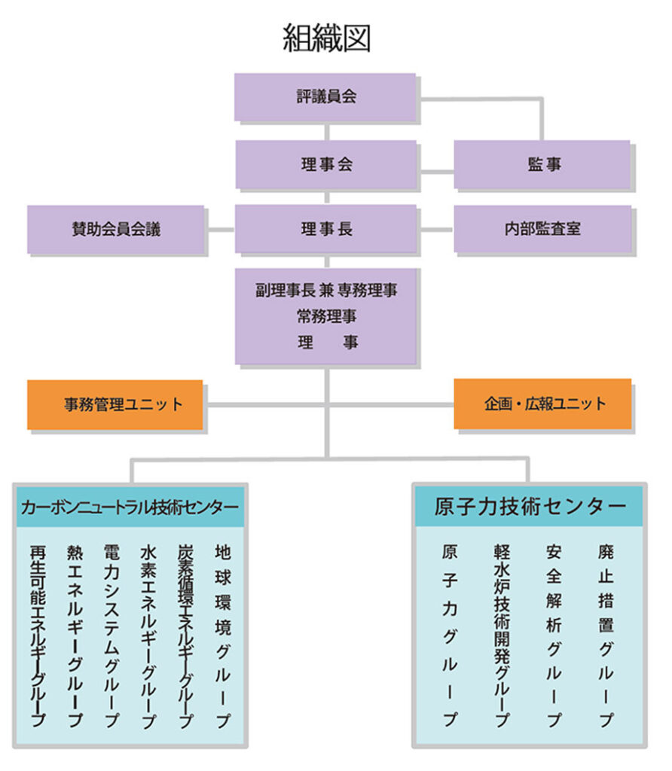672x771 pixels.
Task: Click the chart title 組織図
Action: tap(326, 38)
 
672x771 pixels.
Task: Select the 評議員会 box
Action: tap(325, 97)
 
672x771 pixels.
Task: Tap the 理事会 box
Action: tap(325, 164)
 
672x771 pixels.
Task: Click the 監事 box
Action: tap(542, 164)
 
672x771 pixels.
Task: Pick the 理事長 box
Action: tap(325, 229)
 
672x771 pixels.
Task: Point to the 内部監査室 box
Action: tap(542, 229)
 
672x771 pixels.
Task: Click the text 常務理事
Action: tap(326, 315)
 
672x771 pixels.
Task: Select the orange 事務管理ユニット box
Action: tap(115, 404)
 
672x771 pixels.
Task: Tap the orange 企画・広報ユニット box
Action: tap(542, 404)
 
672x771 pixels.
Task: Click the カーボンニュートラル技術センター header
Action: tap(130, 506)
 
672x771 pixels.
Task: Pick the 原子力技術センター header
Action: tap(530, 506)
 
